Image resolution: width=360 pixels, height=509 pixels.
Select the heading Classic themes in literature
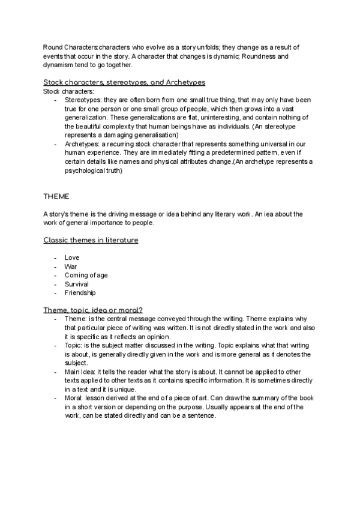click(91, 240)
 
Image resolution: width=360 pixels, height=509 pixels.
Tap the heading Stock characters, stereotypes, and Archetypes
click(124, 82)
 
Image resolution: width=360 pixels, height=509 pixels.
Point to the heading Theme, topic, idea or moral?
click(92, 310)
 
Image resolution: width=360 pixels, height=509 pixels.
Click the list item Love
click(71, 258)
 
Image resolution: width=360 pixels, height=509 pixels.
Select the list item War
click(70, 267)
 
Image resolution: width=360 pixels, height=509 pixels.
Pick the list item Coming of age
click(86, 275)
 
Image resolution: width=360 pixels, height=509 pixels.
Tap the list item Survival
click(76, 284)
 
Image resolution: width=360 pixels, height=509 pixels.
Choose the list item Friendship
click(80, 293)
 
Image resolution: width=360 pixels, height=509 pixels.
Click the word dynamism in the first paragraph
click(58, 65)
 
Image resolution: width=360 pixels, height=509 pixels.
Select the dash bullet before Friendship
click(55, 293)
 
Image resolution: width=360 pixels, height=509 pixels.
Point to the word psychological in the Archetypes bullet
click(82, 170)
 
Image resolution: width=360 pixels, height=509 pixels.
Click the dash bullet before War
click(55, 267)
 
